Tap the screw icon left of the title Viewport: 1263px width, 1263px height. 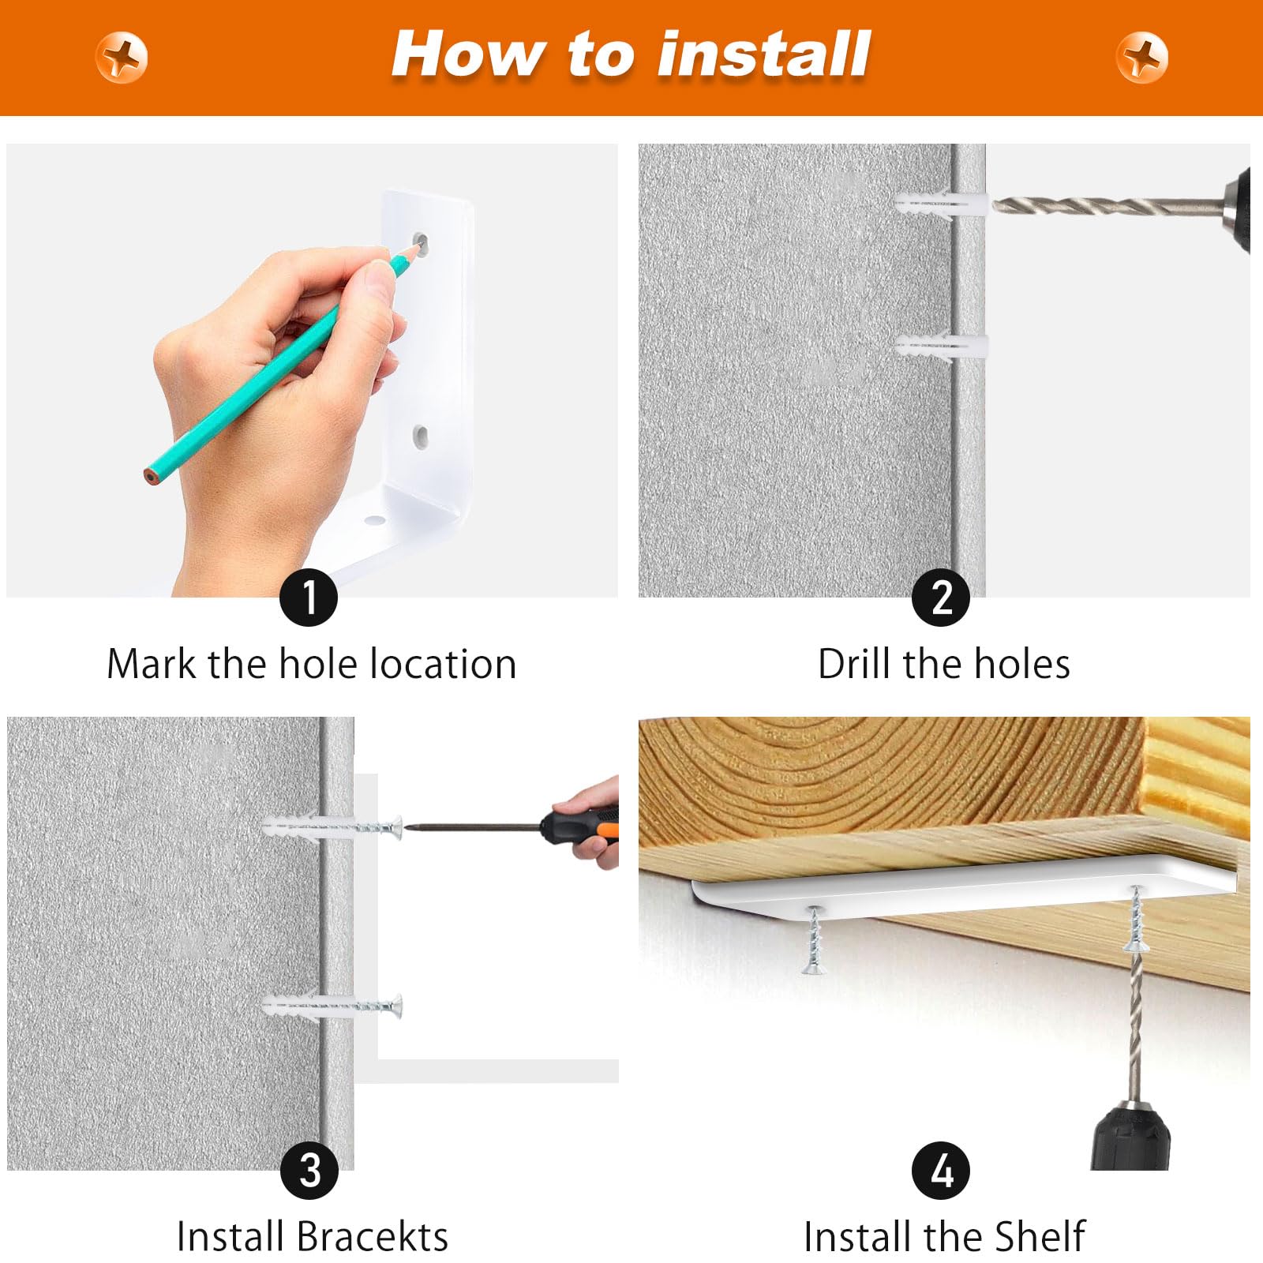tap(121, 58)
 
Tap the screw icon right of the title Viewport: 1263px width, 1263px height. tap(1141, 58)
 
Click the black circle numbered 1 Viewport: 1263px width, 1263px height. tap(309, 598)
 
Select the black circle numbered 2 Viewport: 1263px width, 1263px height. tap(941, 598)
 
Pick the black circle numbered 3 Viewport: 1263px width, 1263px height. tap(309, 1171)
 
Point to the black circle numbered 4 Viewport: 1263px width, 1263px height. tap(941, 1171)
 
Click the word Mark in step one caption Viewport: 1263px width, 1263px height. tap(151, 664)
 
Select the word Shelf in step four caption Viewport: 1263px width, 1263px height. tap(1040, 1236)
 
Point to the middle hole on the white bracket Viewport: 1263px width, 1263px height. tap(421, 435)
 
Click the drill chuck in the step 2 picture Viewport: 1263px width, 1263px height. tap(1236, 209)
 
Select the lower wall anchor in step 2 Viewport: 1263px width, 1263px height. tap(941, 346)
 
